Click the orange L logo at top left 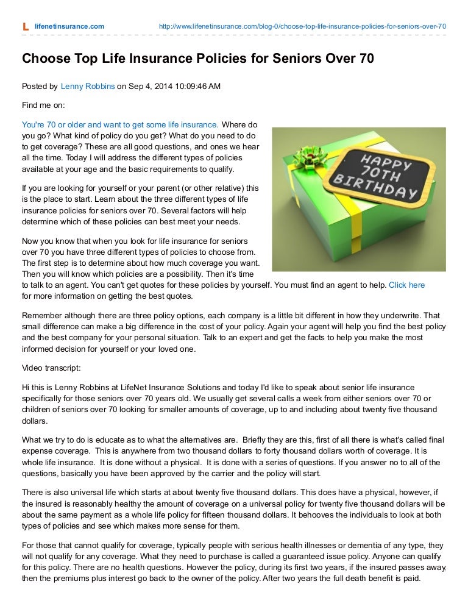25,27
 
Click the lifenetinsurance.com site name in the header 69,27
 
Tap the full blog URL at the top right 302,27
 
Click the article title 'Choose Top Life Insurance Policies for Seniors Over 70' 197,59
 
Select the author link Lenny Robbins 88,87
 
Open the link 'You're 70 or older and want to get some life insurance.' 120,123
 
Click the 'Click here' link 406,285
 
